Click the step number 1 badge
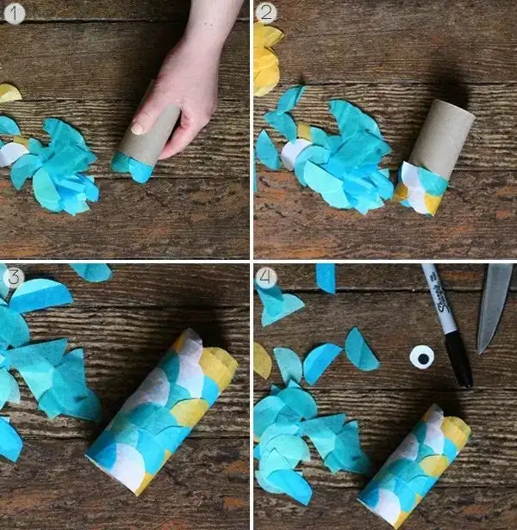click(x=14, y=14)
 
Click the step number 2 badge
click(x=266, y=13)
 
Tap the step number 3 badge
click(x=13, y=277)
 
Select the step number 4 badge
click(x=266, y=278)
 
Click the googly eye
click(x=422, y=357)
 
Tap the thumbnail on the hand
click(x=139, y=128)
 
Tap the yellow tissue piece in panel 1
click(x=9, y=93)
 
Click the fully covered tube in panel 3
click(x=161, y=411)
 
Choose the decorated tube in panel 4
click(x=414, y=465)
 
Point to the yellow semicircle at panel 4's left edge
click(x=263, y=361)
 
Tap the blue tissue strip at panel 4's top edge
click(x=326, y=278)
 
